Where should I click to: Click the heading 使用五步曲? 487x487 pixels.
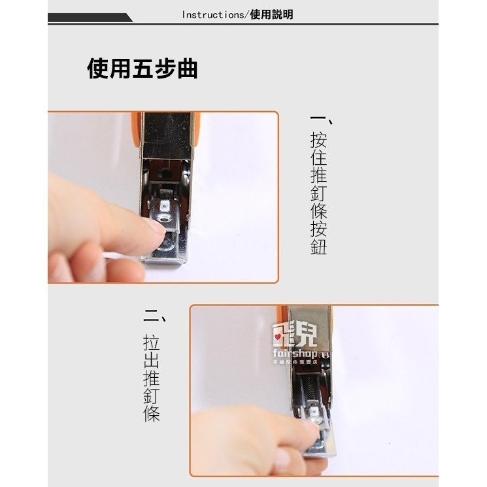pos(143,69)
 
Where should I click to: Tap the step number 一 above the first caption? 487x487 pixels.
pos(319,120)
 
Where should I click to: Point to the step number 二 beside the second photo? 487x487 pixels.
pos(152,320)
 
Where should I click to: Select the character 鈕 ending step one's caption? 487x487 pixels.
pos(318,246)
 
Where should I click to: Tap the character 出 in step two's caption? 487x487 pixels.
pos(152,361)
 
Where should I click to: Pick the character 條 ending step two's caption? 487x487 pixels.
pos(152,413)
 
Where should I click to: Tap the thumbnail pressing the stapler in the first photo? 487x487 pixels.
pos(154,226)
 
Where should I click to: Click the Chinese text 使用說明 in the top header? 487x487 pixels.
pos(272,14)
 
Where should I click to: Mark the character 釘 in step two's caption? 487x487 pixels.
pos(152,396)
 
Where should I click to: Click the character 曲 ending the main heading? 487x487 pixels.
pos(187,69)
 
